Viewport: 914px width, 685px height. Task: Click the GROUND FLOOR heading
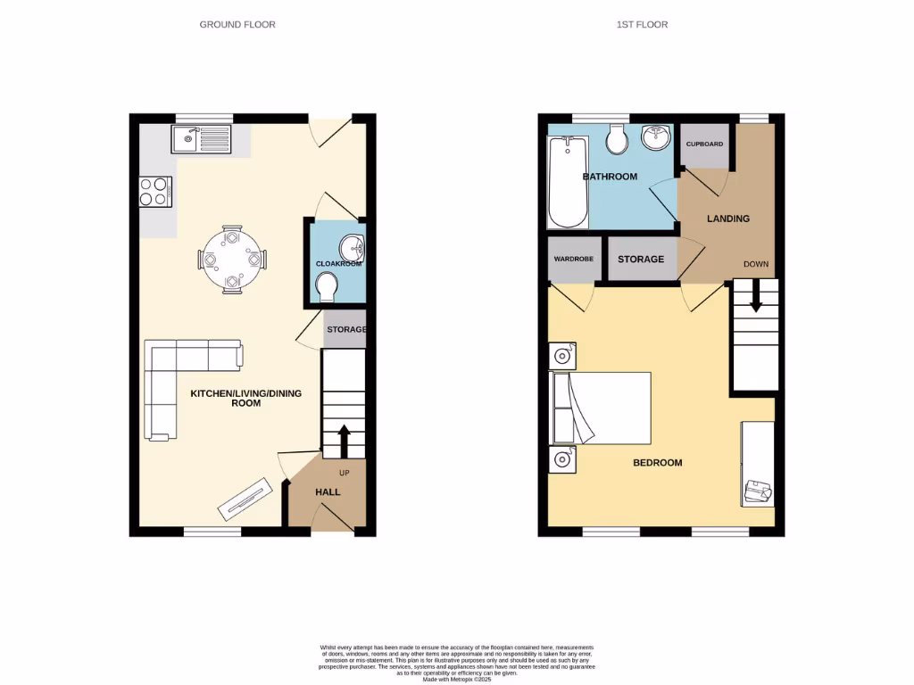[237, 25]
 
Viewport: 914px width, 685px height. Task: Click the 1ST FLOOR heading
[642, 25]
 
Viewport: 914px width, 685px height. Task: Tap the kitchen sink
[203, 137]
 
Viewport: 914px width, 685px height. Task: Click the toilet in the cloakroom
[328, 286]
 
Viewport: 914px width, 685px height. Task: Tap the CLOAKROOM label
[337, 264]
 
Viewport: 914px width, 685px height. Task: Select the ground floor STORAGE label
[345, 330]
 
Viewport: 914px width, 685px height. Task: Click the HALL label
[328, 491]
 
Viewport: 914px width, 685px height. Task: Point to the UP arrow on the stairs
[344, 440]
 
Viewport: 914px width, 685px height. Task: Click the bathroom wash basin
[656, 136]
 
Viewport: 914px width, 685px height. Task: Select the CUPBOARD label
[703, 144]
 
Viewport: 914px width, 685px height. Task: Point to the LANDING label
[728, 219]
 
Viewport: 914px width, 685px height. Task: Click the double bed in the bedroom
[602, 408]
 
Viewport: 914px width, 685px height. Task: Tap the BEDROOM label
[657, 463]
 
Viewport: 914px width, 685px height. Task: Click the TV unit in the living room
[245, 498]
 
